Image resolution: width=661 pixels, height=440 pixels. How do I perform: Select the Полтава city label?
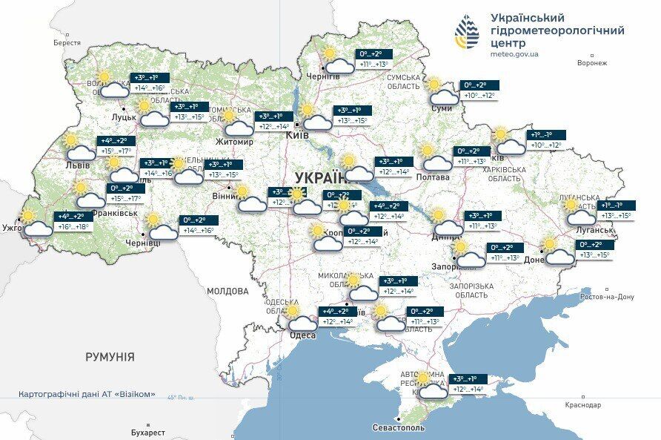tap(433, 177)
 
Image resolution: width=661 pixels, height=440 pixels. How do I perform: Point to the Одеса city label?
tap(302, 335)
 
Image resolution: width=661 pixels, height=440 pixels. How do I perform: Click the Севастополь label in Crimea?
tap(399, 428)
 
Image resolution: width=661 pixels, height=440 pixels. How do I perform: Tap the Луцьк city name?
tap(123, 116)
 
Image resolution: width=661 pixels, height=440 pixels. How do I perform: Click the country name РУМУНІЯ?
tap(110, 357)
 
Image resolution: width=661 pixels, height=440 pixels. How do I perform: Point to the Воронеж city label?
tap(591, 63)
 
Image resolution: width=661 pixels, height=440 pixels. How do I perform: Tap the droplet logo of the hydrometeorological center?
tap(467, 31)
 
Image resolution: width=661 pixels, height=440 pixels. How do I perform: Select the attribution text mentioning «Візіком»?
tap(87, 395)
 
